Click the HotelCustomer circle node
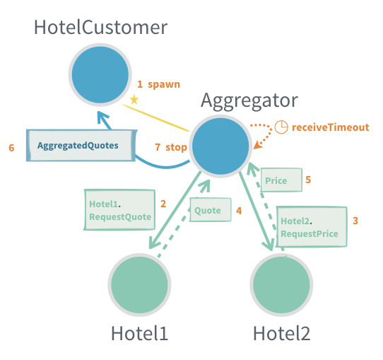coord(100,74)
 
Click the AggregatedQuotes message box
coord(81,146)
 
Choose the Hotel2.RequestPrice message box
coord(311,226)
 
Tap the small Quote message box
coord(209,210)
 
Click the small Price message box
coord(281,180)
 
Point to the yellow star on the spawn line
coord(134,100)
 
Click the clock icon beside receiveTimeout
coord(281,127)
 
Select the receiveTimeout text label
coord(330,127)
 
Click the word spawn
coord(164,84)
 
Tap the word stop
coord(176,147)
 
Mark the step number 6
coord(12,147)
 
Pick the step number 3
coord(355,221)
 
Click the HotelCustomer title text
coord(101,28)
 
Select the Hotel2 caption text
coord(281,333)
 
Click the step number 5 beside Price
coord(308,180)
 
